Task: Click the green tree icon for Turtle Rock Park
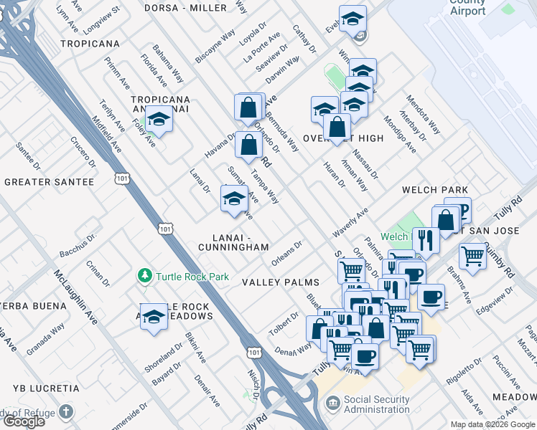[145, 276]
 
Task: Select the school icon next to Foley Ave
[159, 120]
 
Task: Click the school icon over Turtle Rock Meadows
[153, 316]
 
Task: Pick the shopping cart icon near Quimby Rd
[472, 255]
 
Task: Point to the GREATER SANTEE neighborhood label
[49, 182]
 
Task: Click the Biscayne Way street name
[215, 47]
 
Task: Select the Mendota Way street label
[423, 114]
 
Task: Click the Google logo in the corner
[24, 421]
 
